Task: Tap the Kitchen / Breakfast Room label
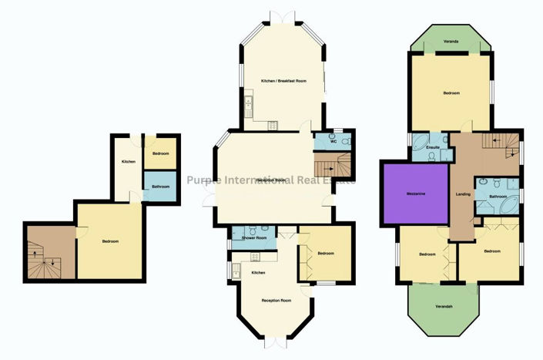coord(280,81)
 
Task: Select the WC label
coord(334,141)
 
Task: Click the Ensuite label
coord(432,146)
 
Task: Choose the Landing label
coord(463,193)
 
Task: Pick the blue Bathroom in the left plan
coord(160,187)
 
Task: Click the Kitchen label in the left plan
coord(129,161)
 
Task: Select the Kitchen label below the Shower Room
coord(259,273)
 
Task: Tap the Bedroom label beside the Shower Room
coord(326,253)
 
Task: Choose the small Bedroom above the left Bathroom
coord(161,153)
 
